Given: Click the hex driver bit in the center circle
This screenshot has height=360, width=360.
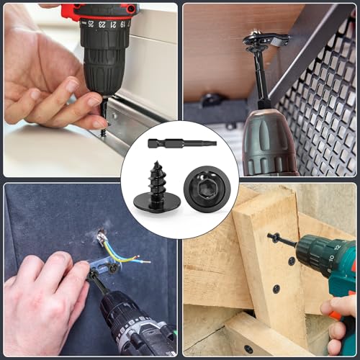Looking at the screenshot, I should click(181, 143).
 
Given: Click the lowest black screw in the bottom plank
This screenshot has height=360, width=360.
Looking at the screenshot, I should click(248, 348).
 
